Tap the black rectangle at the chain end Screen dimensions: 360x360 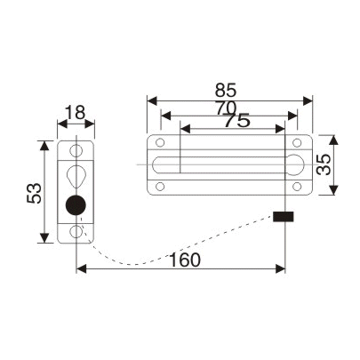coord(284,216)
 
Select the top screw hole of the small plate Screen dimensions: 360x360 coord(76,150)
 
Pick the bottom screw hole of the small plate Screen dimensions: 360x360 coord(76,232)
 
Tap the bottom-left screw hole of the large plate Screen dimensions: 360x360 coord(160,186)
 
